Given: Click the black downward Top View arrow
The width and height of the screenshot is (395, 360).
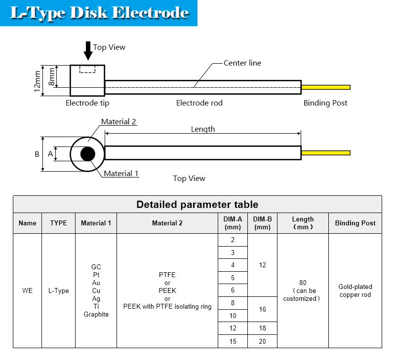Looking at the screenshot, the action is pyautogui.click(x=88, y=51).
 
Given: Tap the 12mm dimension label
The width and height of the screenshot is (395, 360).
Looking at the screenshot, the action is pyautogui.click(x=37, y=81).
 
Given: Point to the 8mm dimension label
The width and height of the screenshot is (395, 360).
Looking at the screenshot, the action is pyautogui.click(x=51, y=77).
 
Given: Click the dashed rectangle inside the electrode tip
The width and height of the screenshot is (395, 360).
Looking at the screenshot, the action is pyautogui.click(x=87, y=69).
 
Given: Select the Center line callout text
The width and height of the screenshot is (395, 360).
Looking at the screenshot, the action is pyautogui.click(x=242, y=63).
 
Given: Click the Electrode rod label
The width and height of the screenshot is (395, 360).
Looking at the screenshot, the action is pyautogui.click(x=199, y=103).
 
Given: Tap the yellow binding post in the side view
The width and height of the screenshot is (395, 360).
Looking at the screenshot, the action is pyautogui.click(x=326, y=87).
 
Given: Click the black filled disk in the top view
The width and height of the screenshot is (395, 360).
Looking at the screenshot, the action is pyautogui.click(x=88, y=154).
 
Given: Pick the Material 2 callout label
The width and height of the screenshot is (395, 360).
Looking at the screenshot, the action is pyautogui.click(x=118, y=122).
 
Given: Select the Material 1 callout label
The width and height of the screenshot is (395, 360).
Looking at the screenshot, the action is pyautogui.click(x=121, y=173).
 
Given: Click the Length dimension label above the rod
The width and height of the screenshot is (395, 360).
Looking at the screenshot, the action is pyautogui.click(x=203, y=129).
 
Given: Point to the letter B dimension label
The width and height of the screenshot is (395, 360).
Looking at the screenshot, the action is pyautogui.click(x=37, y=154).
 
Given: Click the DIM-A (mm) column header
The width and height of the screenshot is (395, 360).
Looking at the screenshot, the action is pyautogui.click(x=233, y=223).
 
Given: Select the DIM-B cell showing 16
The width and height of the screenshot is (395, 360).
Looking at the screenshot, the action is pyautogui.click(x=262, y=309).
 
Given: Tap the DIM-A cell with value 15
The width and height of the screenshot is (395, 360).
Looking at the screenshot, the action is pyautogui.click(x=233, y=341).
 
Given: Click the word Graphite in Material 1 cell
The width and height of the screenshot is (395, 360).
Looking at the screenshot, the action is pyautogui.click(x=96, y=315).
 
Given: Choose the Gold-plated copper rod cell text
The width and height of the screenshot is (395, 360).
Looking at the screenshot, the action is pyautogui.click(x=355, y=290).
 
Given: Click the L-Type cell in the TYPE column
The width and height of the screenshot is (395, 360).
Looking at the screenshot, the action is pyautogui.click(x=58, y=290).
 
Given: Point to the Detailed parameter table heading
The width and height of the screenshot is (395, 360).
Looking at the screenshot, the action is pyautogui.click(x=197, y=205).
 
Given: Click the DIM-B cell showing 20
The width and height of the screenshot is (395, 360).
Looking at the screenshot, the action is pyautogui.click(x=262, y=341).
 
